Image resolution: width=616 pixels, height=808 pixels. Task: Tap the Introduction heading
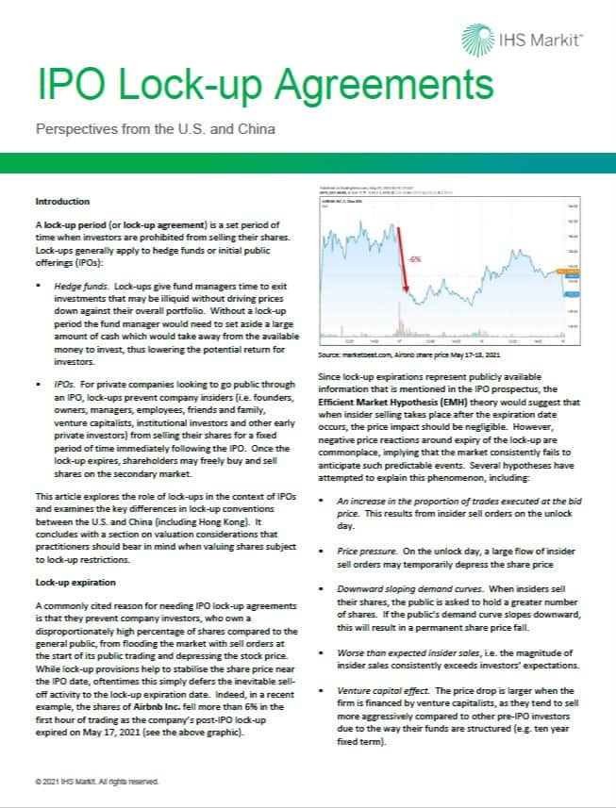point(62,202)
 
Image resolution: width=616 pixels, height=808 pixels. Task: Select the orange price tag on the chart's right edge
point(569,272)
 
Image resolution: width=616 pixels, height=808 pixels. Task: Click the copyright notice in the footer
point(96,782)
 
